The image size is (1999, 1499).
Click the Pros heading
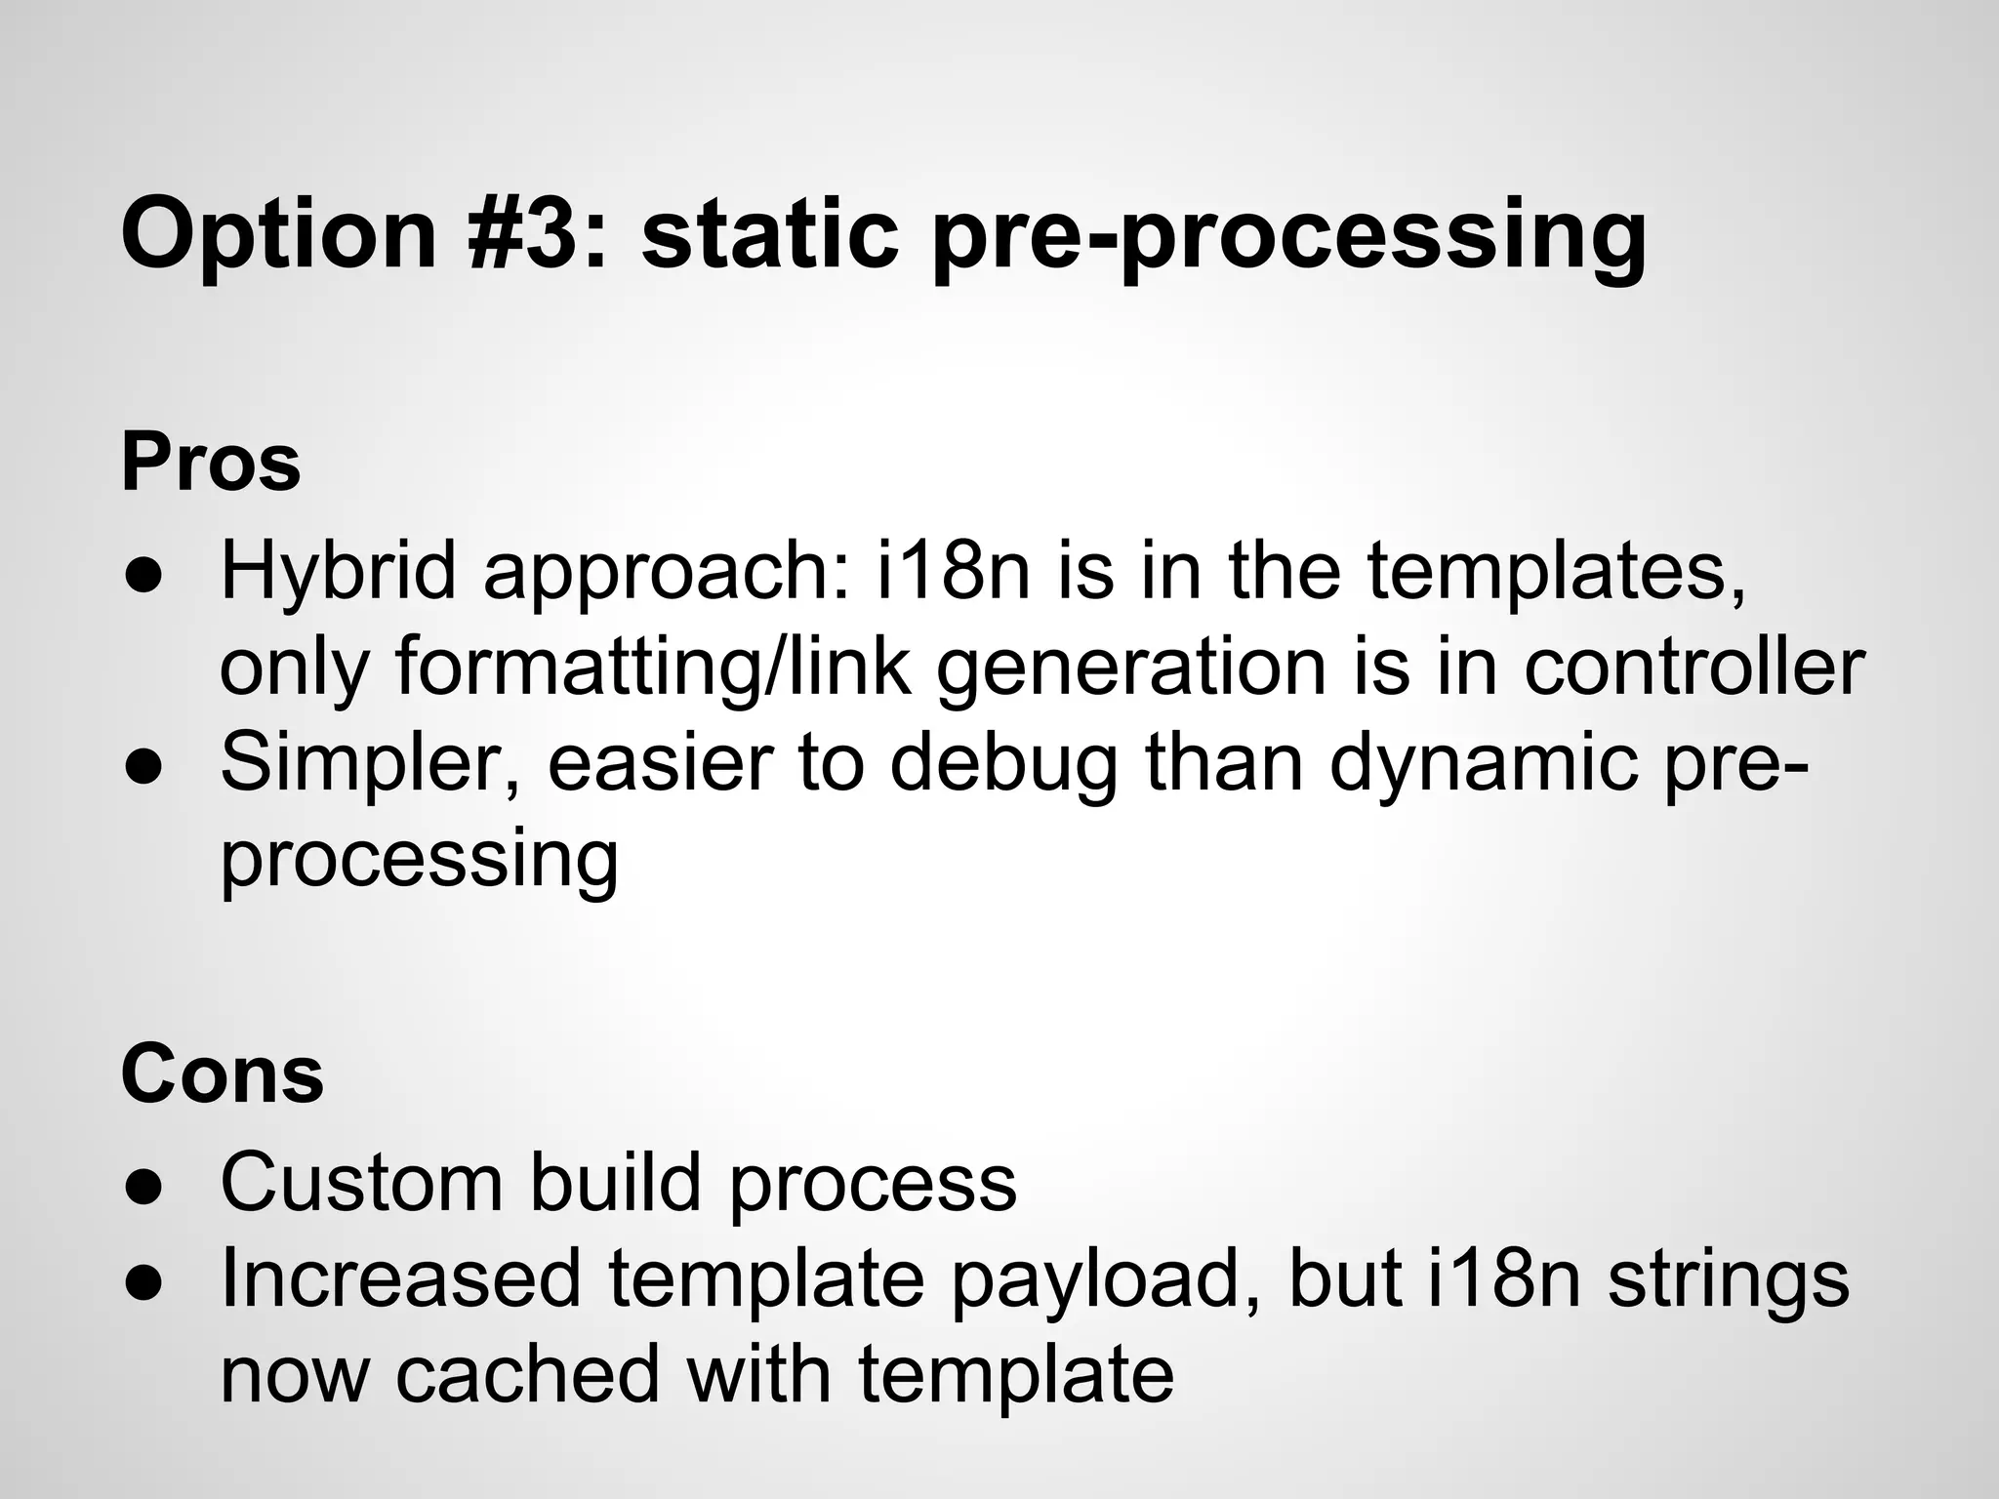tap(211, 463)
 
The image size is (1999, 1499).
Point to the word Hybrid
tap(338, 573)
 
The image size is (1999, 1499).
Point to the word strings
tap(1728, 1278)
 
